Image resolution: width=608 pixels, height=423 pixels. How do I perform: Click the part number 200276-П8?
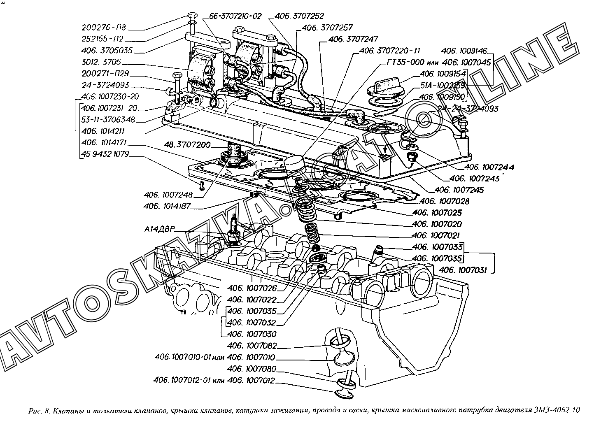click(x=104, y=28)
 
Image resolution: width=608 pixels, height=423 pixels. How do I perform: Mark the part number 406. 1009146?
click(x=464, y=51)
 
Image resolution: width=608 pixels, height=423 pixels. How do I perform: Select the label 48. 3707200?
click(x=187, y=145)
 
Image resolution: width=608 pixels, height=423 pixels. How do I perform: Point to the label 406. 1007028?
click(x=445, y=201)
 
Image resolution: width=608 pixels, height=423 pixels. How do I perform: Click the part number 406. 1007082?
click(x=252, y=346)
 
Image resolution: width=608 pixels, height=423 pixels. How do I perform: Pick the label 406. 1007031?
click(x=463, y=270)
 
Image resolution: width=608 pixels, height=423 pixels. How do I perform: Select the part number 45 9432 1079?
click(x=105, y=154)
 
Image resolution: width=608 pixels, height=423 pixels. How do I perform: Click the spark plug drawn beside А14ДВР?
click(x=234, y=230)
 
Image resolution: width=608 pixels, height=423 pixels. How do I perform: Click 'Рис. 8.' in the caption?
click(x=39, y=411)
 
